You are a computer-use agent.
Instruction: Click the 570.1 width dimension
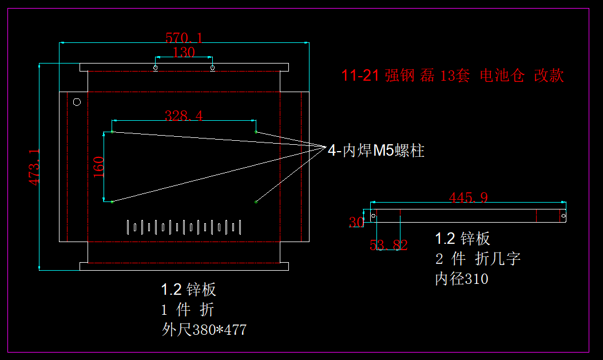[x=184, y=38]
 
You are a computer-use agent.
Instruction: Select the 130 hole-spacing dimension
[x=184, y=53]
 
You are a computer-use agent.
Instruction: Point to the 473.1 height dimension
[x=34, y=167]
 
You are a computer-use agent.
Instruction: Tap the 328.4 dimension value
[x=184, y=116]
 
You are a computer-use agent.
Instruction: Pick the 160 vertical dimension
[x=98, y=167]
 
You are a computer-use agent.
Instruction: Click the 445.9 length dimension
[x=469, y=198]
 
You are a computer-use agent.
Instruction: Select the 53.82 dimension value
[x=388, y=246]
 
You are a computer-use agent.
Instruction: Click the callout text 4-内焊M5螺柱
[x=376, y=151]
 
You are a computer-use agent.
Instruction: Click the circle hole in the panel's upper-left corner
[x=77, y=102]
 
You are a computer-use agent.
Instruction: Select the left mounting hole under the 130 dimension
[x=155, y=68]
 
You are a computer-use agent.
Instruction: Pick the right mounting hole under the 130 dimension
[x=212, y=68]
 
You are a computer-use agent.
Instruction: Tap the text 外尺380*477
[x=204, y=330]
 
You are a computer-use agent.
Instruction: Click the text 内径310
[x=462, y=279]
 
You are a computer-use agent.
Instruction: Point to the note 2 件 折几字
[x=478, y=259]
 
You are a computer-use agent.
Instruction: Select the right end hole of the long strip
[x=563, y=216]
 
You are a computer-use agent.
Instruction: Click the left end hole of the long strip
[x=374, y=216]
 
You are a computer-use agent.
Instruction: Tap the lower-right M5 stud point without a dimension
[x=256, y=201]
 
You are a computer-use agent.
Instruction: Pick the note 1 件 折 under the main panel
[x=188, y=310]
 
